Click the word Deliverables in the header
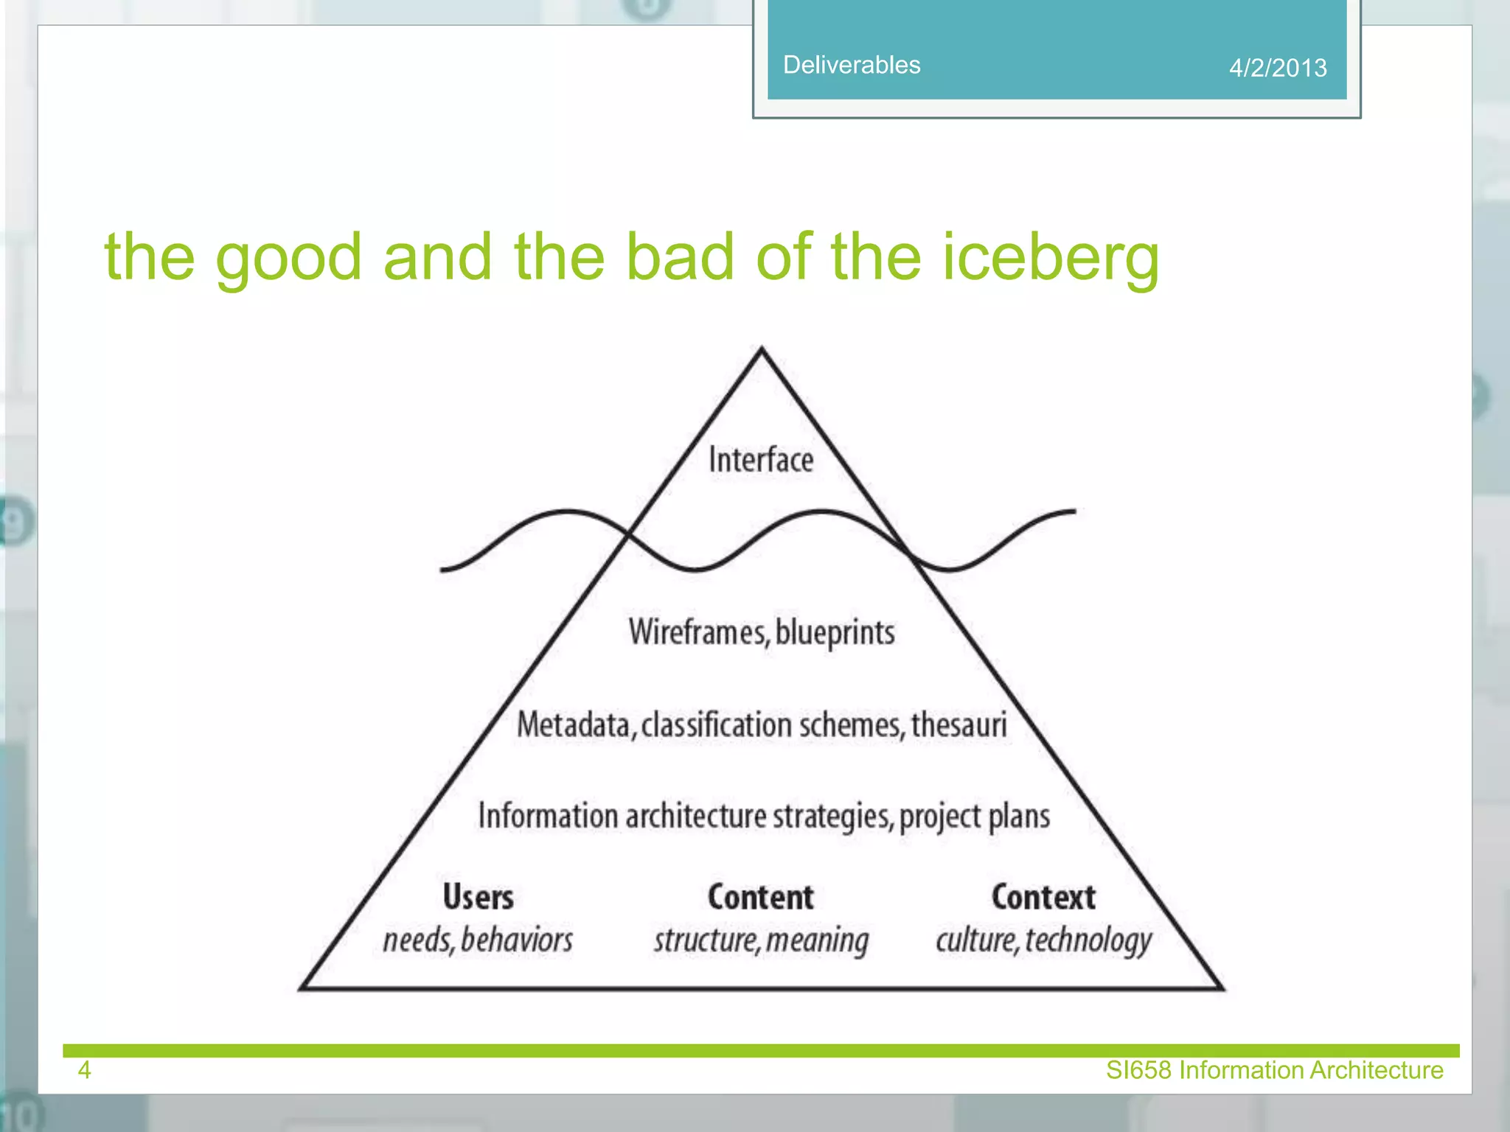tap(851, 65)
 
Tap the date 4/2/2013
tap(1277, 68)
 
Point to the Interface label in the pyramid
tap(761, 460)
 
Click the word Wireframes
tap(697, 632)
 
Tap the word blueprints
tap(835, 632)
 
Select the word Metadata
tap(574, 724)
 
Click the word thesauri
tap(958, 724)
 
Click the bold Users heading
tap(478, 897)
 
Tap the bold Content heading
tap(761, 897)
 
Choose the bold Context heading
tap(1043, 897)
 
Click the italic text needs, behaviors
tap(478, 940)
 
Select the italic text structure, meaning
tap(761, 940)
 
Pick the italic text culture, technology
tap(1043, 940)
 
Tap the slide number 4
tap(84, 1070)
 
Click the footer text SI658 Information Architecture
tap(1274, 1070)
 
